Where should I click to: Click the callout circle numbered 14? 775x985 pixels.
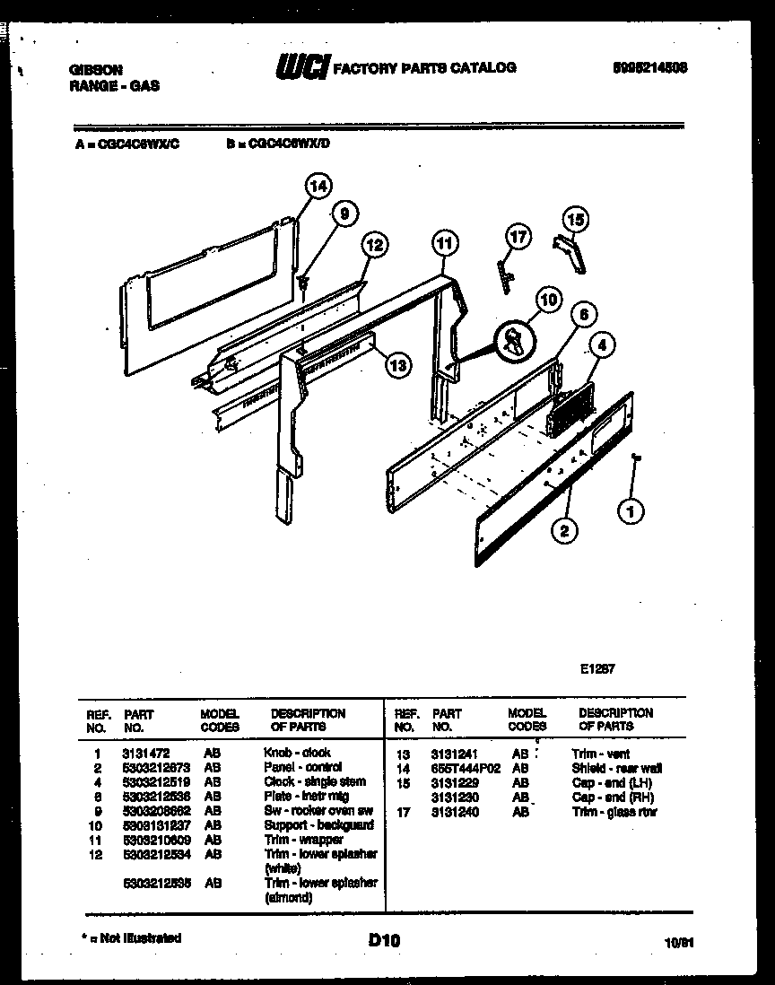pos(318,187)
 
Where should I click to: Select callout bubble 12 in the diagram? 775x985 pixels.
pos(376,243)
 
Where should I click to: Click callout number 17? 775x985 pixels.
pos(518,237)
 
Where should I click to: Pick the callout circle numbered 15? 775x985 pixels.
pos(576,218)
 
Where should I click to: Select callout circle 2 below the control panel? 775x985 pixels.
pos(563,529)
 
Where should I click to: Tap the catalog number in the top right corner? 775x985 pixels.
pos(650,67)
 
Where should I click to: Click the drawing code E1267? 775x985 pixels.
pos(596,668)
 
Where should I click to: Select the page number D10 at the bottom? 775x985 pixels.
pos(384,940)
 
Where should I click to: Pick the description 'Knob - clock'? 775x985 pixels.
pos(297,753)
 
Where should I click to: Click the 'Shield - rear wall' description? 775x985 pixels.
pos(617,769)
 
